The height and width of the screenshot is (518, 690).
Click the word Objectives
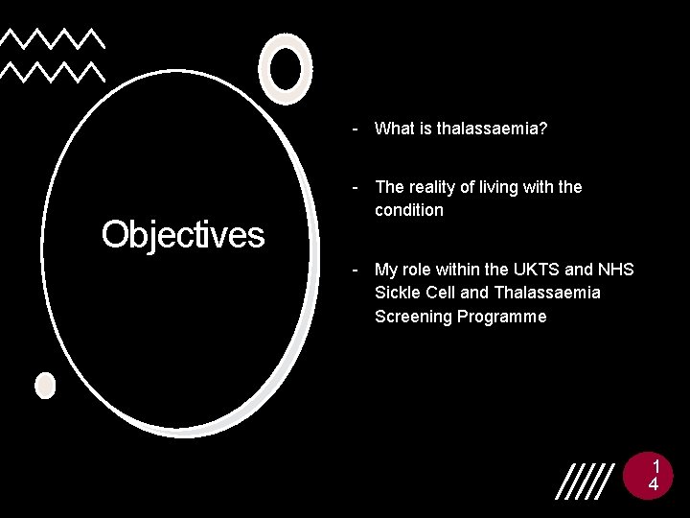click(183, 234)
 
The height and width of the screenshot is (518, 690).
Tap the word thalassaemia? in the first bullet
click(493, 128)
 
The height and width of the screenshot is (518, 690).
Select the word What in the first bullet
click(395, 128)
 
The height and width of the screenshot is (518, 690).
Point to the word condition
click(409, 210)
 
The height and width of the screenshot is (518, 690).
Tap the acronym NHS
click(616, 270)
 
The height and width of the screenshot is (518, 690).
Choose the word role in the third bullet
click(420, 270)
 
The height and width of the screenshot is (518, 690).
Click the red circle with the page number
click(652, 476)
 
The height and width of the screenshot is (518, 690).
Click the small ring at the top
click(286, 68)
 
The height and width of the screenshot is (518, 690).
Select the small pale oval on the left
click(45, 386)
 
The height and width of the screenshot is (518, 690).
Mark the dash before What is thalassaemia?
click(356, 128)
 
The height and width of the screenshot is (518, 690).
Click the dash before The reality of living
click(356, 186)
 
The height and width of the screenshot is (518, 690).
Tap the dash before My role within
click(356, 270)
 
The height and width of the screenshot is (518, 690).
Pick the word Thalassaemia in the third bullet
click(547, 293)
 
